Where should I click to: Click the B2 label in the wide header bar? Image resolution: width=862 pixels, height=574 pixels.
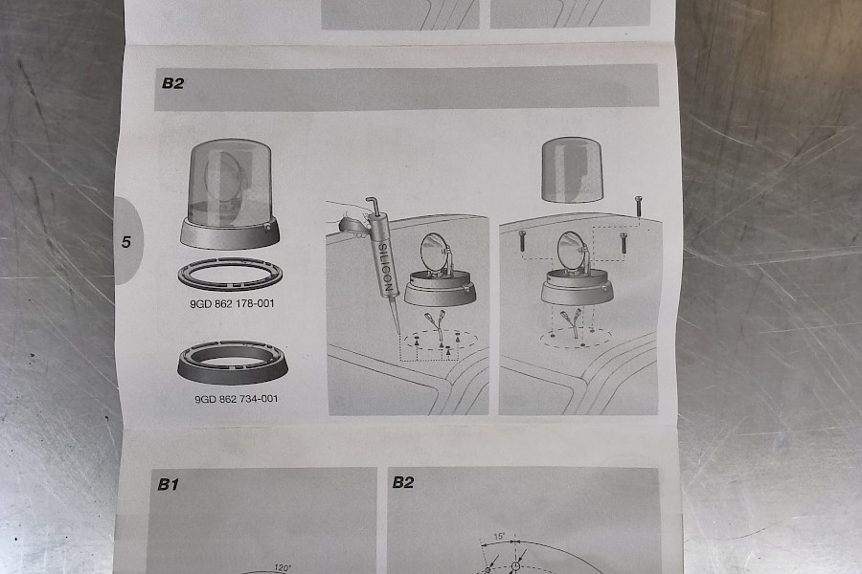click(x=172, y=83)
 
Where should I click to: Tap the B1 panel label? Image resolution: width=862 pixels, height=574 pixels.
click(x=169, y=484)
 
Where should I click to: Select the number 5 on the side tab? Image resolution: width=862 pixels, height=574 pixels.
click(x=126, y=242)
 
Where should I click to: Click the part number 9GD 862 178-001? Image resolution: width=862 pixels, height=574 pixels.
click(x=232, y=304)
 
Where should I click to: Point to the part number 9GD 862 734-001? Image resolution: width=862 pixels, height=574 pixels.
click(x=237, y=399)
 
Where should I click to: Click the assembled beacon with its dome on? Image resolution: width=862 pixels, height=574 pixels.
click(x=230, y=193)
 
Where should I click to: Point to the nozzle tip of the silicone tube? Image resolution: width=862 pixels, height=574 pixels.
click(x=398, y=333)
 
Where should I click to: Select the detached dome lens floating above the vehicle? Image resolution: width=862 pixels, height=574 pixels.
click(x=573, y=169)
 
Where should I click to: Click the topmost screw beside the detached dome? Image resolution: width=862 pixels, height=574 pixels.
click(x=638, y=207)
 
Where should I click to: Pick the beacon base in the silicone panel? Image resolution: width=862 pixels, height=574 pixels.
click(x=441, y=291)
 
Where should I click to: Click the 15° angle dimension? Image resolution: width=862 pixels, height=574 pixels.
click(x=499, y=537)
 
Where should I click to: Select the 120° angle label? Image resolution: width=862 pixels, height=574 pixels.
click(x=284, y=568)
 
